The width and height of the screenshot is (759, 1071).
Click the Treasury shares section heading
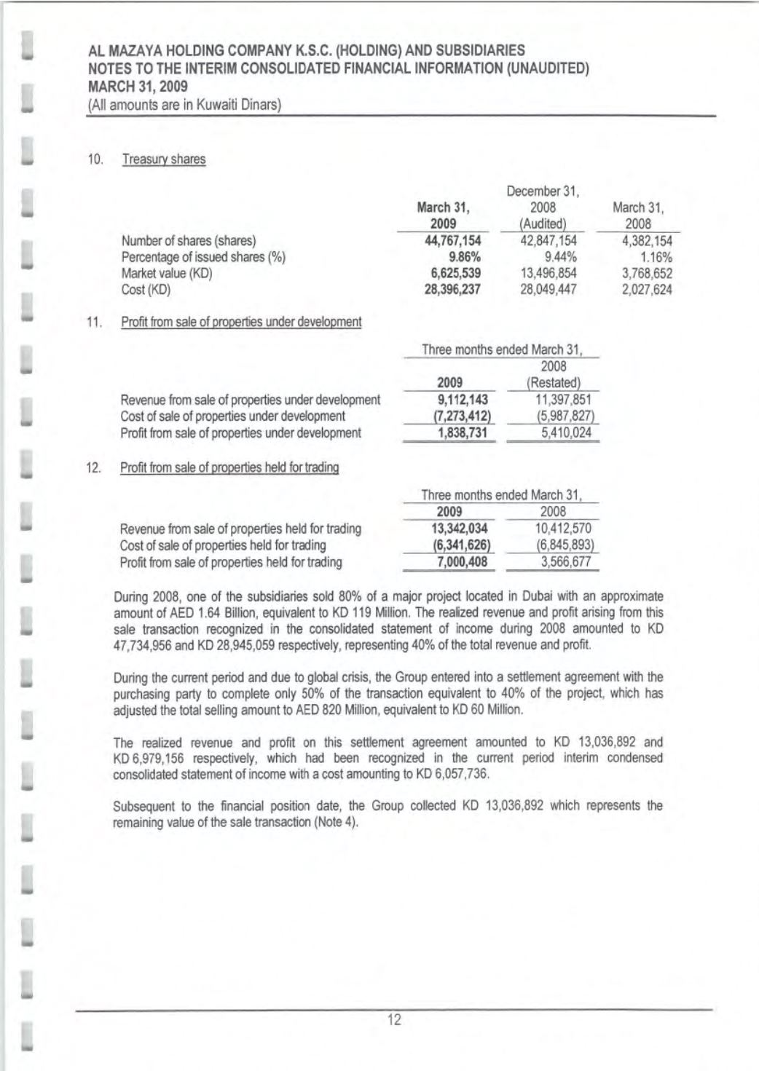coord(164,159)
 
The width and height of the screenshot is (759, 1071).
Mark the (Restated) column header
coord(554,383)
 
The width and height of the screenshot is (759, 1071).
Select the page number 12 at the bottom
coord(394,1020)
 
